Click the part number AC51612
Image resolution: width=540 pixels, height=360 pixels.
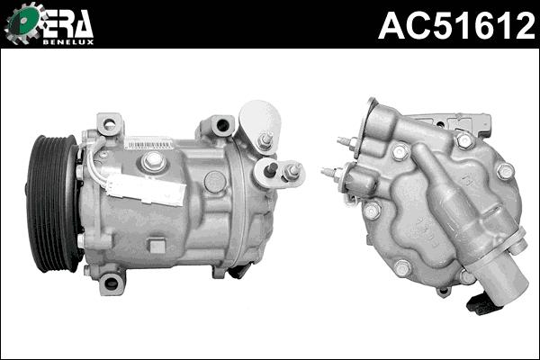click(456, 25)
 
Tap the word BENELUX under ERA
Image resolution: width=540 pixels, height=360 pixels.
click(72, 40)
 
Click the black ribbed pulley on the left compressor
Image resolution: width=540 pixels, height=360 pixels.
click(55, 202)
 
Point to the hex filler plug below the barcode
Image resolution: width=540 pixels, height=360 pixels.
click(154, 161)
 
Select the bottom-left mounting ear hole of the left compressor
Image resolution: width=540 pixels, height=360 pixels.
click(112, 283)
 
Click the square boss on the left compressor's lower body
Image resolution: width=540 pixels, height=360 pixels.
click(157, 245)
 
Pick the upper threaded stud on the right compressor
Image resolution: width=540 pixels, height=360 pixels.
click(346, 141)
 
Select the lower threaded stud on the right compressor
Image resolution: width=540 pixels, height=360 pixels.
click(330, 172)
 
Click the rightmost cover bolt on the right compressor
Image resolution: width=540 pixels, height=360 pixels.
click(505, 170)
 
